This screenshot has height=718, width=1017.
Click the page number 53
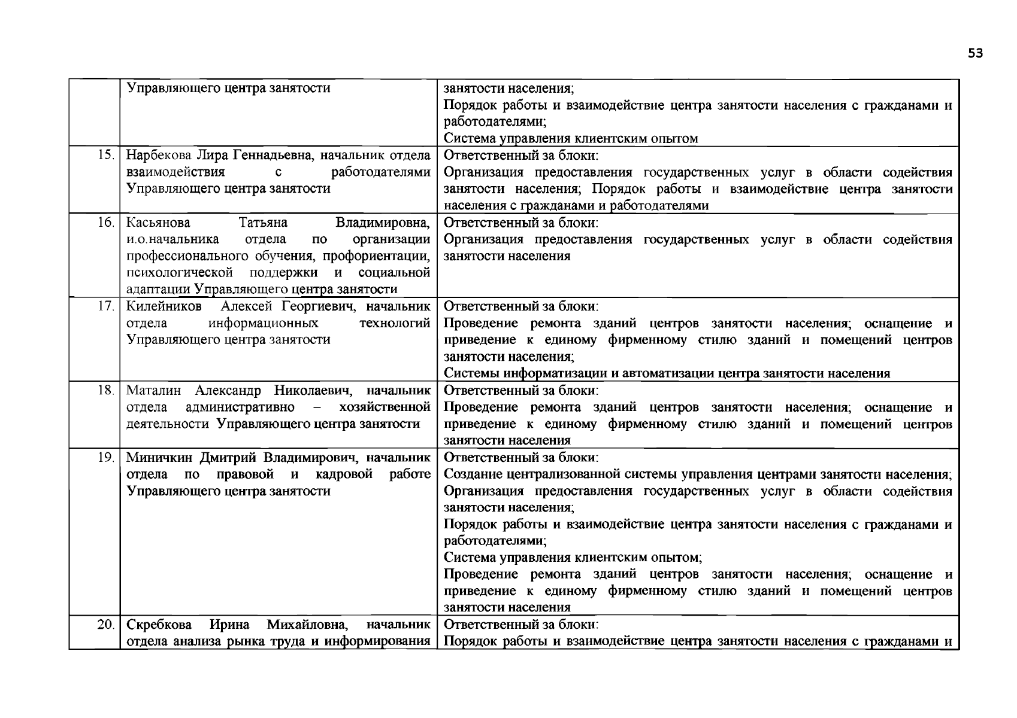975,54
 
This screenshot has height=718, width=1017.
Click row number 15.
105,156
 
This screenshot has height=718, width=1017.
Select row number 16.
105,223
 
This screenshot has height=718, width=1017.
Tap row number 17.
105,306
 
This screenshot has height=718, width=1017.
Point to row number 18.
105,390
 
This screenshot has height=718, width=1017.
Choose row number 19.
105,458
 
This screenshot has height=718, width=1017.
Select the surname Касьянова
158,223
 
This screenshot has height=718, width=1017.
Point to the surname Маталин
153,391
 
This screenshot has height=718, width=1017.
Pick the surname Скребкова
159,625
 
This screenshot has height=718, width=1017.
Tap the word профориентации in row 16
376,257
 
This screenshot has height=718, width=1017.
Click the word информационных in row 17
263,324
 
